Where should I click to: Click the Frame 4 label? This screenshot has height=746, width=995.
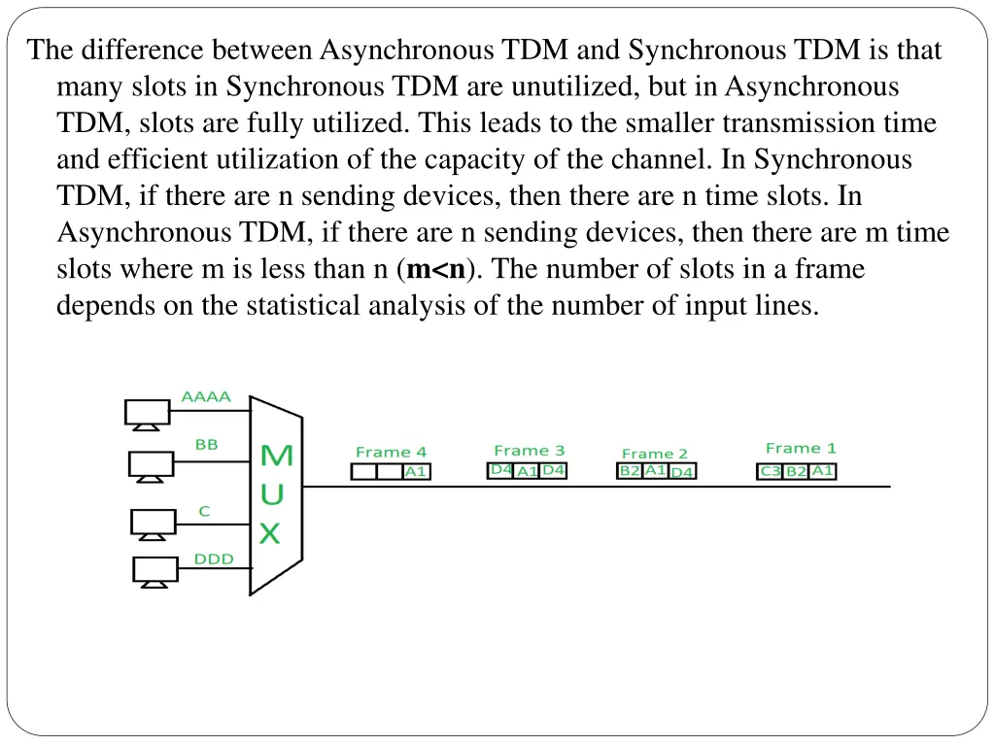pyautogui.click(x=391, y=452)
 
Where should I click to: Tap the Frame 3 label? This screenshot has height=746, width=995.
pyautogui.click(x=529, y=450)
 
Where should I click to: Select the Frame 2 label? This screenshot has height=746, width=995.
pyautogui.click(x=654, y=454)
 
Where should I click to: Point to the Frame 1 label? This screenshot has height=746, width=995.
pyautogui.click(x=801, y=448)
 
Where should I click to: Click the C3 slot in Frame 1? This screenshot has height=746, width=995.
pyautogui.click(x=771, y=471)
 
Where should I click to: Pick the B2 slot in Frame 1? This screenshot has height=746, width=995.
pyautogui.click(x=796, y=471)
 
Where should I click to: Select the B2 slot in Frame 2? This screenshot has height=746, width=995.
pyautogui.click(x=630, y=470)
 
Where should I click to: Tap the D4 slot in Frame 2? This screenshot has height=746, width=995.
pyautogui.click(x=682, y=472)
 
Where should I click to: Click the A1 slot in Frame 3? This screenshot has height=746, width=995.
pyautogui.click(x=528, y=471)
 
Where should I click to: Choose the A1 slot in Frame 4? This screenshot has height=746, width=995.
pyautogui.click(x=416, y=471)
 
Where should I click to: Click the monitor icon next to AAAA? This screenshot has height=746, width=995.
pyautogui.click(x=147, y=414)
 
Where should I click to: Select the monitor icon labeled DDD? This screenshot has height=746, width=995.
pyautogui.click(x=155, y=570)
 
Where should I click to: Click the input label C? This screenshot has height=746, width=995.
pyautogui.click(x=204, y=510)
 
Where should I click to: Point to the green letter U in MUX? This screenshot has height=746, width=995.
pyautogui.click(x=273, y=494)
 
